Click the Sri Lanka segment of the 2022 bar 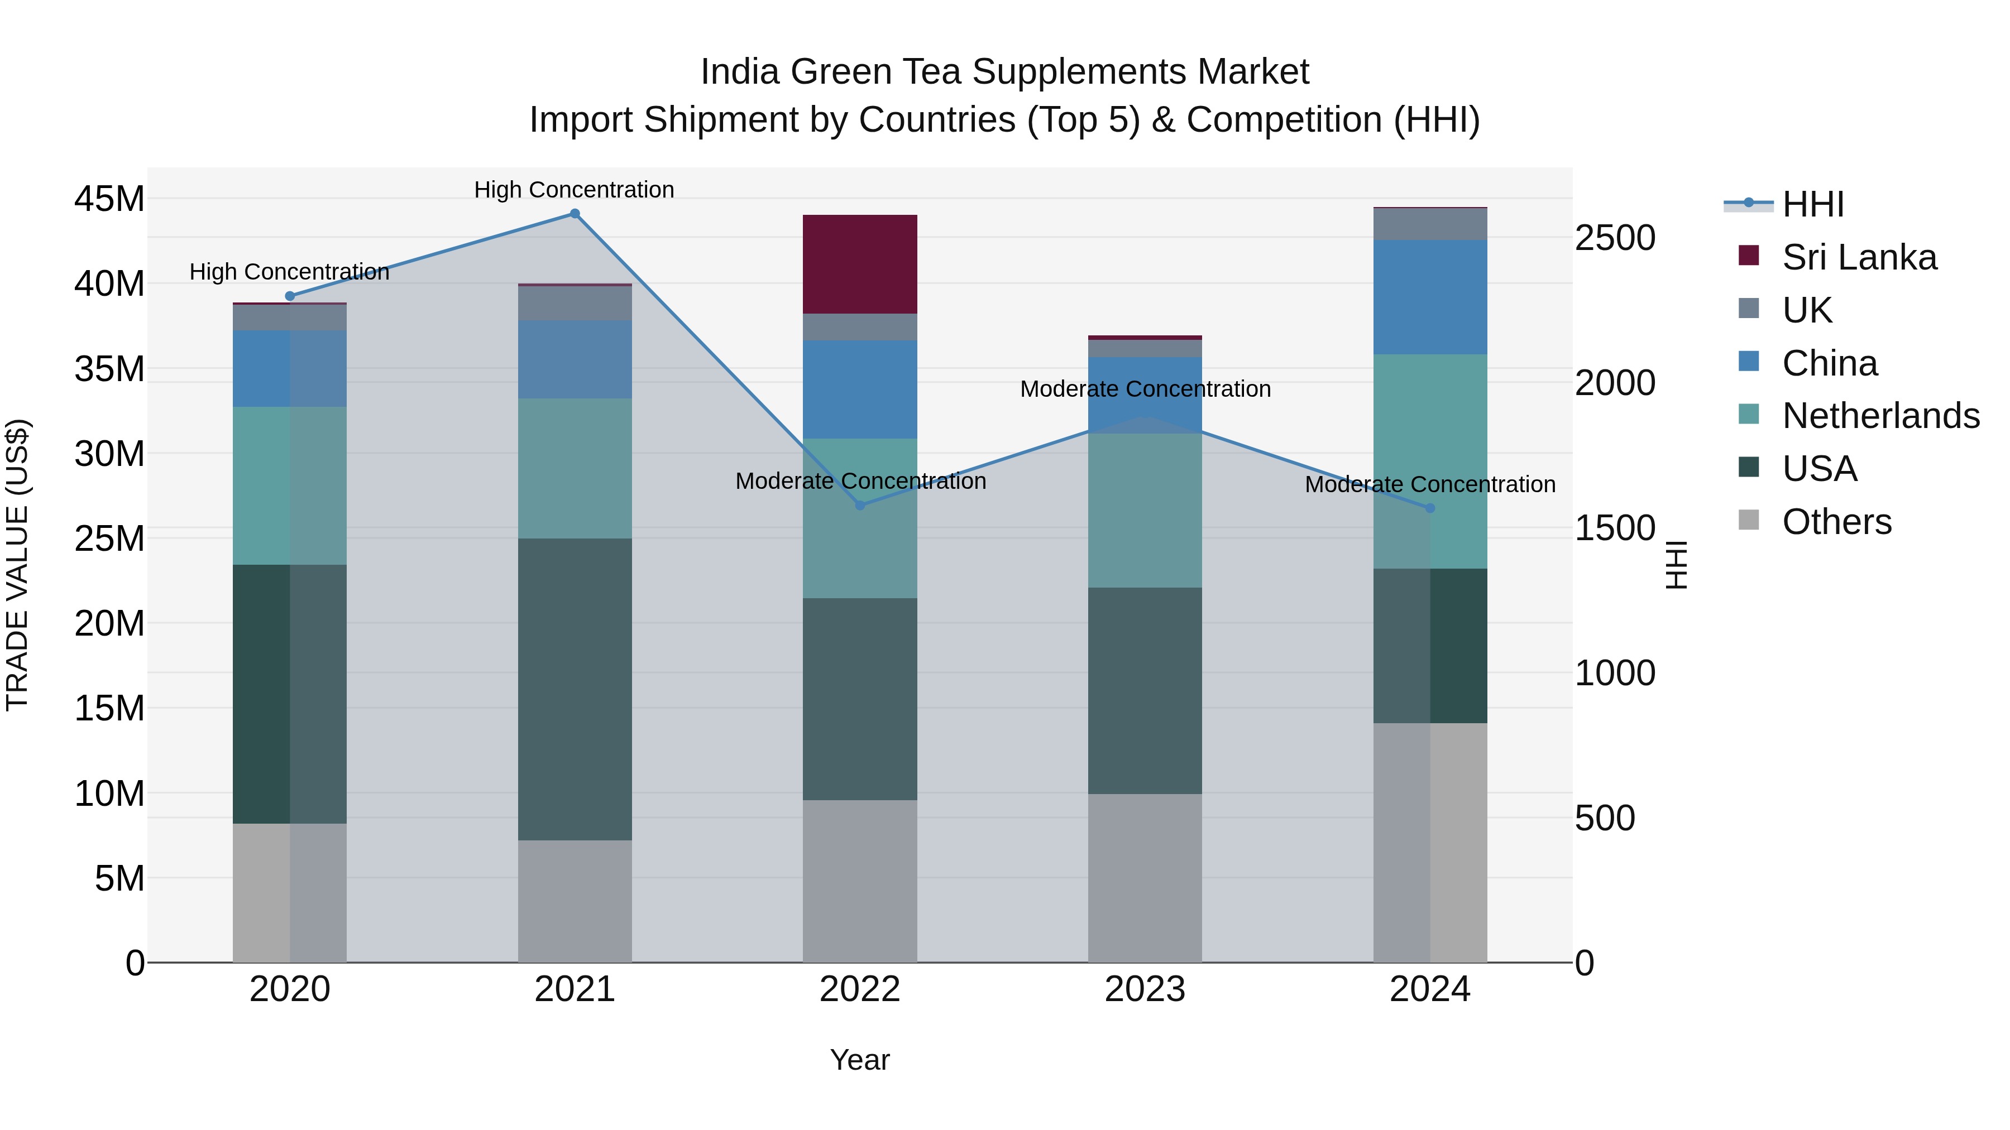click(860, 265)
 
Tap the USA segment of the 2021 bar click(575, 689)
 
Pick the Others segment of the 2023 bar click(1145, 878)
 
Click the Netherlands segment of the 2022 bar click(860, 518)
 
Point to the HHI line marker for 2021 click(575, 214)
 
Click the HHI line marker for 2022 click(860, 506)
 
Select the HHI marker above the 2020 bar click(289, 296)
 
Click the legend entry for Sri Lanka click(1859, 257)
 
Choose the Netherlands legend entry click(1880, 416)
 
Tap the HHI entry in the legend click(1812, 204)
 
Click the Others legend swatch click(1749, 520)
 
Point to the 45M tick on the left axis click(109, 199)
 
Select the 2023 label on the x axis click(1145, 989)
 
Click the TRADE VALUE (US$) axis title click(17, 565)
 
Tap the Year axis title click(860, 1060)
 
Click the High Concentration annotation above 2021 click(575, 190)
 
